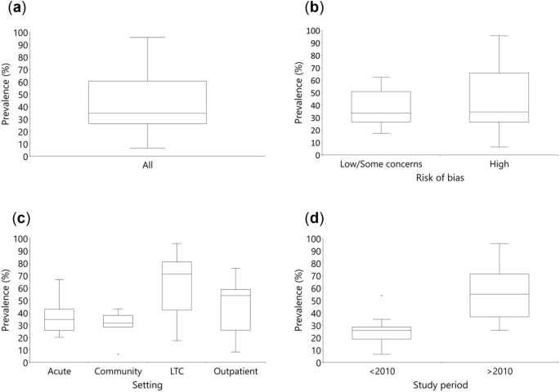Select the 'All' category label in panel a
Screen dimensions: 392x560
147,165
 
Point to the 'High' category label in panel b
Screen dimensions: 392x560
499,164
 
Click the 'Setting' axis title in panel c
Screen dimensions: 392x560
147,385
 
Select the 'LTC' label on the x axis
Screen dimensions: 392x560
177,372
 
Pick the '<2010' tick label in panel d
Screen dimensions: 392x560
380,372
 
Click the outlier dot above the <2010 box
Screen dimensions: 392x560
381,295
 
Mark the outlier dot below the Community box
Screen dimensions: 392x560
118,354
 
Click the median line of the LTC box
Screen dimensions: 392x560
177,274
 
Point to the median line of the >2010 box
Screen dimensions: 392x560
499,294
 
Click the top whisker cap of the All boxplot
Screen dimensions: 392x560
147,37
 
